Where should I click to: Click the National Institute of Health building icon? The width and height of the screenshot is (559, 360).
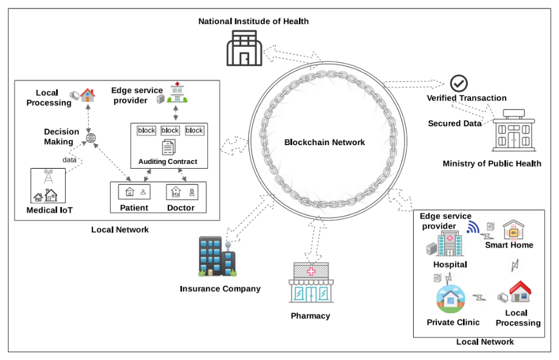[x=245, y=49]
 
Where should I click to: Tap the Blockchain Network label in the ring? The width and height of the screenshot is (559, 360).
[x=324, y=143]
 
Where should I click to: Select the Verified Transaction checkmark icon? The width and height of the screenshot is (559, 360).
[x=459, y=83]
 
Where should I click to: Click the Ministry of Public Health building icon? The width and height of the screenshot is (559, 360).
[x=514, y=131]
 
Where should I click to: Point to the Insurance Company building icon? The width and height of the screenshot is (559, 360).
[x=216, y=257]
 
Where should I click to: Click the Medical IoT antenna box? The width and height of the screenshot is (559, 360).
[x=47, y=185]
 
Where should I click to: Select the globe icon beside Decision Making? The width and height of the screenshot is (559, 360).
[x=91, y=138]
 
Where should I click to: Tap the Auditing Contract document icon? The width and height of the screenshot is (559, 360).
[x=168, y=147]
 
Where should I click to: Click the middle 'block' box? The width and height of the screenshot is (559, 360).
[x=170, y=131]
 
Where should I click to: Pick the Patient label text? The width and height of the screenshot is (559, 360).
[x=134, y=208]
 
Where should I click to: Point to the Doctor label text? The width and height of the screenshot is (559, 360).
[x=181, y=208]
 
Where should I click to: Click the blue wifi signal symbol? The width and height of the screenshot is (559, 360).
[x=473, y=227]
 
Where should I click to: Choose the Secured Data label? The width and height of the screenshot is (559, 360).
[x=454, y=123]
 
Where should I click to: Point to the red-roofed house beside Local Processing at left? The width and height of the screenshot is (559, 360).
[x=87, y=95]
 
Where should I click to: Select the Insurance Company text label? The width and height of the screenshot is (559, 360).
[x=220, y=288]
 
